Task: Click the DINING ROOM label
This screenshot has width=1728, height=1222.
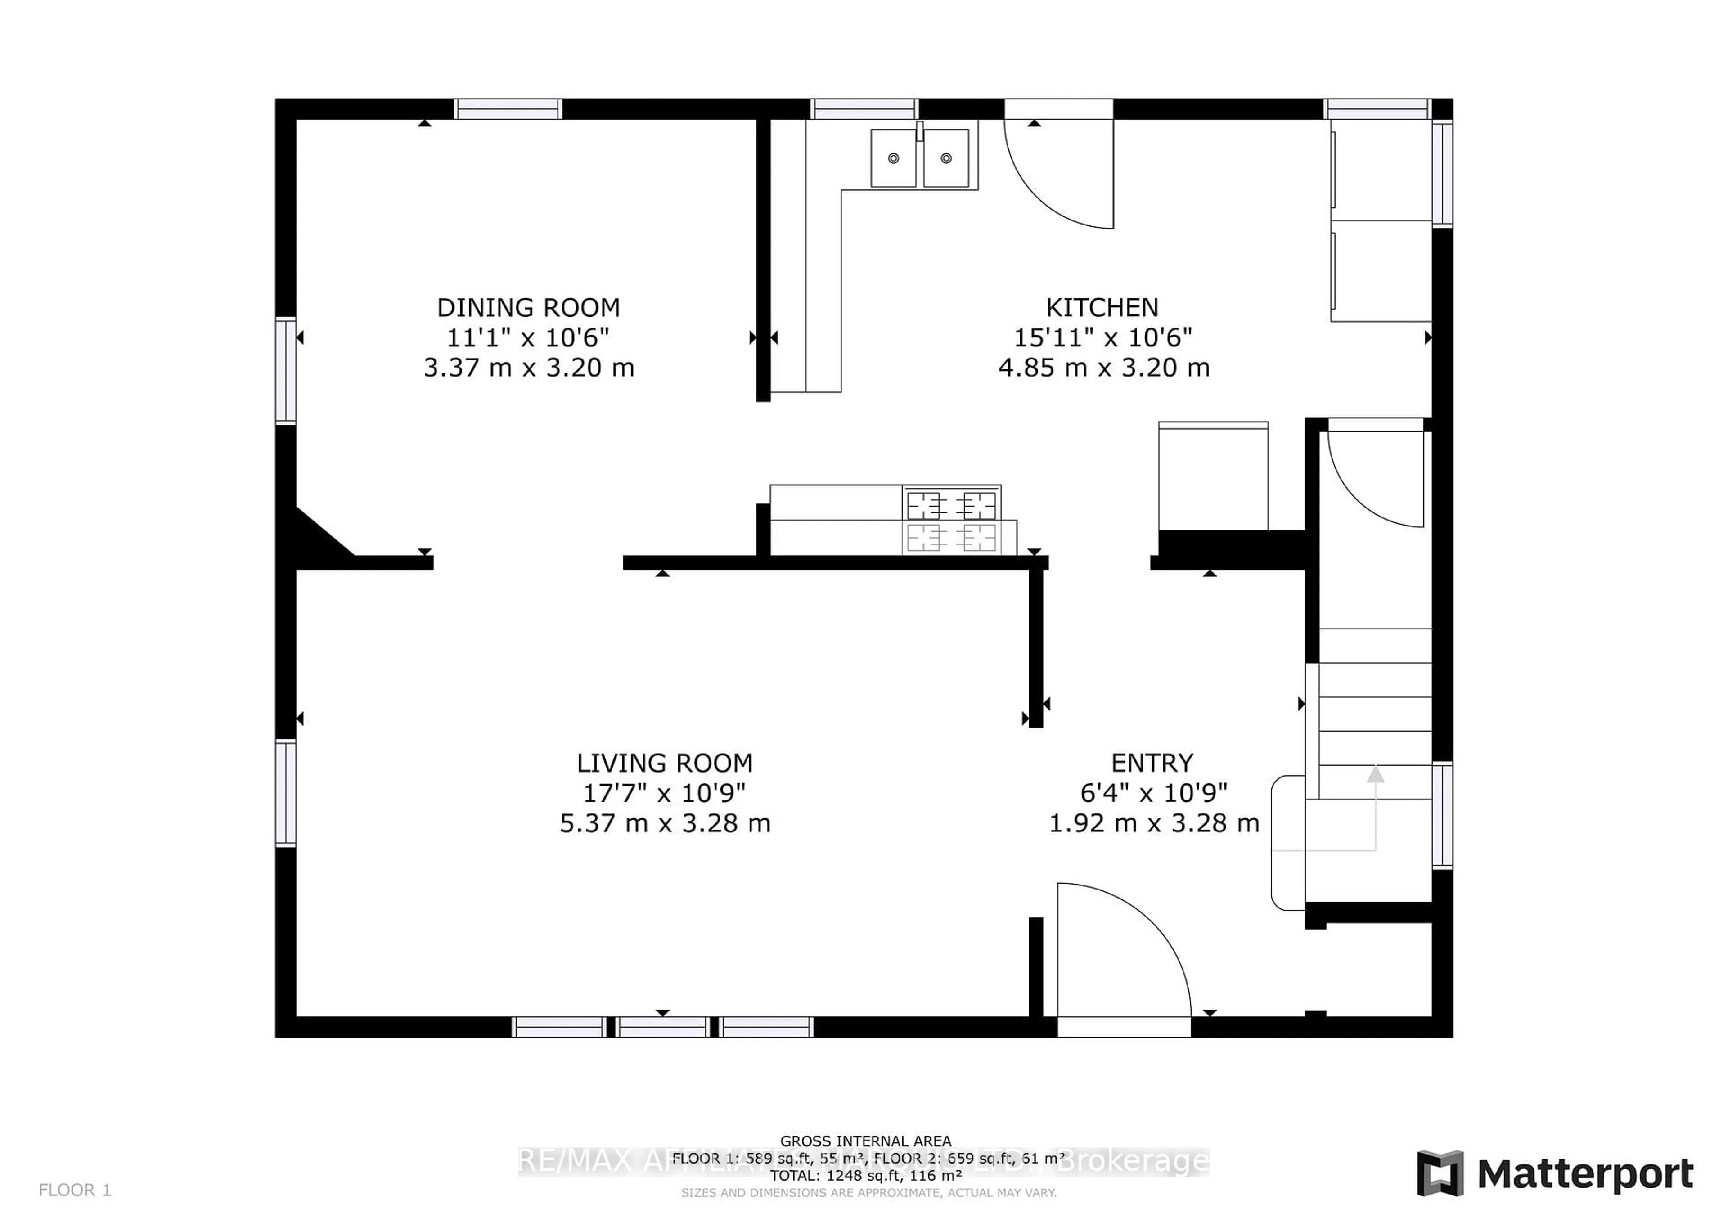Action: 528,308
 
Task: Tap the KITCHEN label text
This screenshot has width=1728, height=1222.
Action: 1102,308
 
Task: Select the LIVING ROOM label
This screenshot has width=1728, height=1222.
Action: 665,763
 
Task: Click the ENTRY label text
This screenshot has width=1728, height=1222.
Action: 1152,763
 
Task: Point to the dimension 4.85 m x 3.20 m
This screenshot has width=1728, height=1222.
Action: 1103,368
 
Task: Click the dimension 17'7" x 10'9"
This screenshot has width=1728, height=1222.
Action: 665,793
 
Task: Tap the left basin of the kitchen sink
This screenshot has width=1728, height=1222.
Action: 893,158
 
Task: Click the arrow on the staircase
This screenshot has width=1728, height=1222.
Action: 1375,775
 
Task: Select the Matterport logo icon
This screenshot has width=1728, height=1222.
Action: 1440,1173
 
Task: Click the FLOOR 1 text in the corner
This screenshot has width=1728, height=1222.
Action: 75,1190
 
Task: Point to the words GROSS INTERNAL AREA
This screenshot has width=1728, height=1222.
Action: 865,1141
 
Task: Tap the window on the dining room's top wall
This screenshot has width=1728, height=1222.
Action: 508,109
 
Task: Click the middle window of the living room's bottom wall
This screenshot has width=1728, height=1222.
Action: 663,1027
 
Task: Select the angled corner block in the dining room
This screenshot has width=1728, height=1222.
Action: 320,536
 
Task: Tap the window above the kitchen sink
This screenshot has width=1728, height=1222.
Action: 864,109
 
